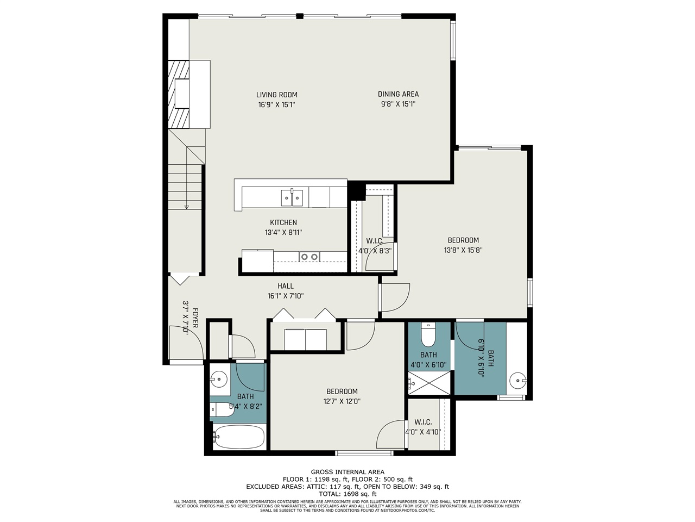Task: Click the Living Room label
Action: coord(277,95)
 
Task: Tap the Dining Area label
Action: coord(398,94)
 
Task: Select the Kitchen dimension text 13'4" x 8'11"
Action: coord(283,232)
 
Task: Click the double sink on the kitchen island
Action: coord(292,197)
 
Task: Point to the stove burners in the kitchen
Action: coord(310,257)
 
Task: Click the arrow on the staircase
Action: coord(186,206)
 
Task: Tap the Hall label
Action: coord(286,286)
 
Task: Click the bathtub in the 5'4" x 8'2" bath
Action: coord(239,436)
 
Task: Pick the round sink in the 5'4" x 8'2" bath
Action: coord(219,378)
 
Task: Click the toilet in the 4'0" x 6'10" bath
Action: coord(429,336)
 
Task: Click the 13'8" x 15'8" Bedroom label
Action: coord(463,240)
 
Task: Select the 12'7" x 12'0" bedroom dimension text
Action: coord(342,401)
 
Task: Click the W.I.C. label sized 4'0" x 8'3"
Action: coord(374,241)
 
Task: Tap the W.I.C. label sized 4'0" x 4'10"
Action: coord(423,422)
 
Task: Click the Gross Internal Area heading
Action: coord(347,472)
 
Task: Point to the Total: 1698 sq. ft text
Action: coord(347,494)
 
